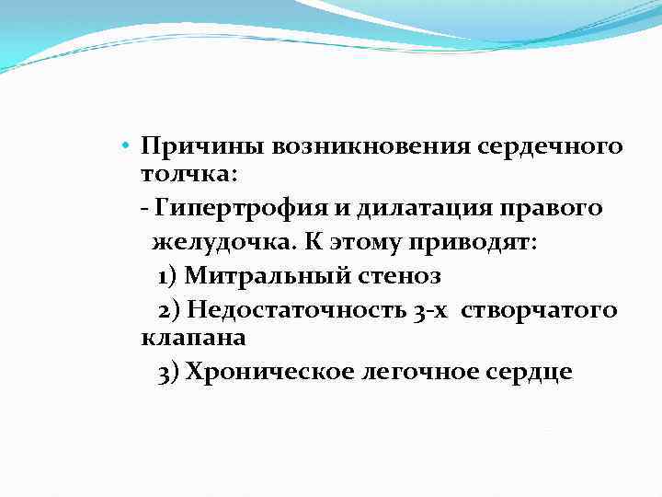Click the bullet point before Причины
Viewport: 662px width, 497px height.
132,145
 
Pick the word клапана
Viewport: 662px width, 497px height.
194,338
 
